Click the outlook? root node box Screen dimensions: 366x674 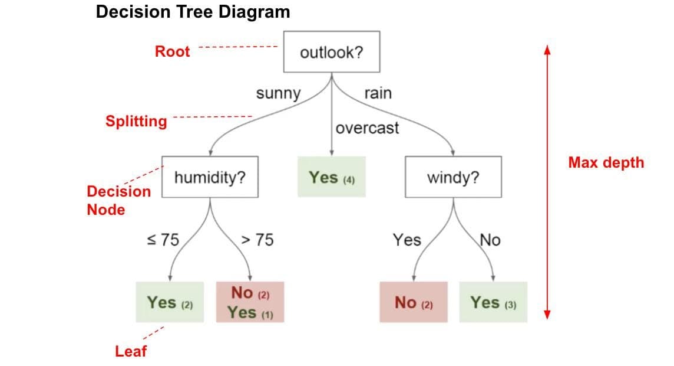(332, 52)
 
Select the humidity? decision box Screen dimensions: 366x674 (209, 177)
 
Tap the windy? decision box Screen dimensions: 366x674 (453, 177)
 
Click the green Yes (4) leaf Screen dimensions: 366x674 (331, 177)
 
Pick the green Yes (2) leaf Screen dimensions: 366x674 (170, 302)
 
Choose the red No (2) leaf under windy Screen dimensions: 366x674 (413, 302)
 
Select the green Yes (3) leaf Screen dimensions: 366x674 (493, 302)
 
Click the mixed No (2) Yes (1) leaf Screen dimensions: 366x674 (250, 302)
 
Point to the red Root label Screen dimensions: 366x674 (172, 51)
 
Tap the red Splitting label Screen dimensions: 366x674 (136, 121)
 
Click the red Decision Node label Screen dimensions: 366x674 (118, 200)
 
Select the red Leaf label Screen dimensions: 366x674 (131, 351)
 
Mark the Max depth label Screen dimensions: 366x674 (606, 162)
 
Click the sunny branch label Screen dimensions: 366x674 (278, 93)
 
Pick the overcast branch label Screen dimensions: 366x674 (367, 128)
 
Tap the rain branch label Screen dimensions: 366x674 (378, 93)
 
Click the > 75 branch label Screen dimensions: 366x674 (257, 240)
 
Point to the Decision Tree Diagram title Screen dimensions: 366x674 (193, 12)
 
